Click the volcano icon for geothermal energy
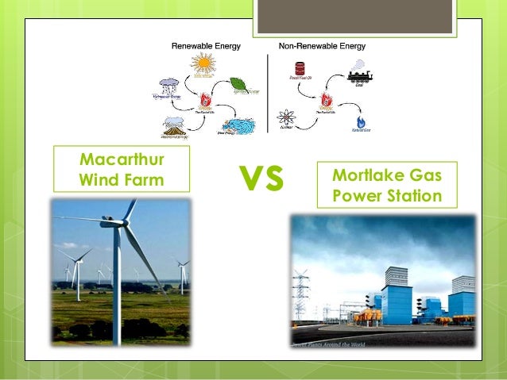coord(175,125)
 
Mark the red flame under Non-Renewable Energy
coord(325,101)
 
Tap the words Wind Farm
coord(122,179)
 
